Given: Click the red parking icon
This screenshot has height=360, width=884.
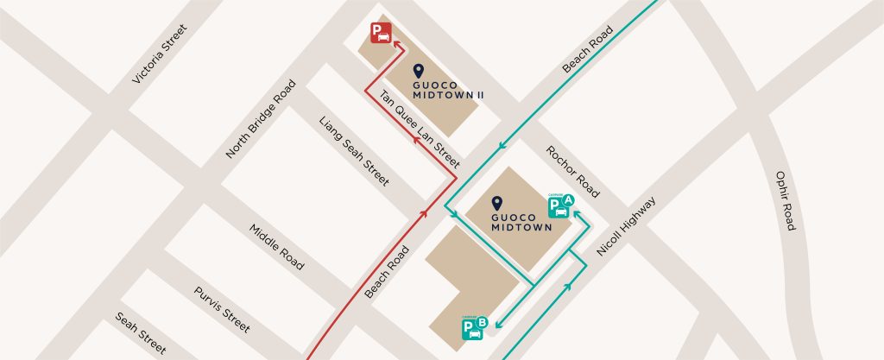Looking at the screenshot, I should pyautogui.click(x=381, y=33).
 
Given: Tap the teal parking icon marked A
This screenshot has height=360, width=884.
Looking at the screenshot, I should pyautogui.click(x=560, y=206).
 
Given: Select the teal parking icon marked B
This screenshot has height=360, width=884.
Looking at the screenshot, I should pyautogui.click(x=475, y=328).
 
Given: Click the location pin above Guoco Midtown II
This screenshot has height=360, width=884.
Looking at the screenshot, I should pyautogui.click(x=420, y=72).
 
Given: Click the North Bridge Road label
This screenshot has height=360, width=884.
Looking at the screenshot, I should pyautogui.click(x=261, y=119).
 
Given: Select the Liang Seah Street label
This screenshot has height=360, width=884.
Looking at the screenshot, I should pyautogui.click(x=354, y=152).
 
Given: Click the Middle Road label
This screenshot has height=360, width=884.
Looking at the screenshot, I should pyautogui.click(x=276, y=246).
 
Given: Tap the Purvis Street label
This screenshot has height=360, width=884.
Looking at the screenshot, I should pyautogui.click(x=222, y=310).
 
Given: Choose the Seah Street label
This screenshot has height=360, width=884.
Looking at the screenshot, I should pyautogui.click(x=141, y=333).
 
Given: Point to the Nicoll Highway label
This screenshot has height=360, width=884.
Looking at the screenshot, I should pyautogui.click(x=626, y=226).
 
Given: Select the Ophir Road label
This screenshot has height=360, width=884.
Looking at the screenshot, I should pyautogui.click(x=785, y=199).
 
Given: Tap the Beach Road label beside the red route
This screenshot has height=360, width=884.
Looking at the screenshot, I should pyautogui.click(x=385, y=269).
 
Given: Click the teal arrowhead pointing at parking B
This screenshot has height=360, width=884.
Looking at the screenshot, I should pyautogui.click(x=498, y=325).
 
